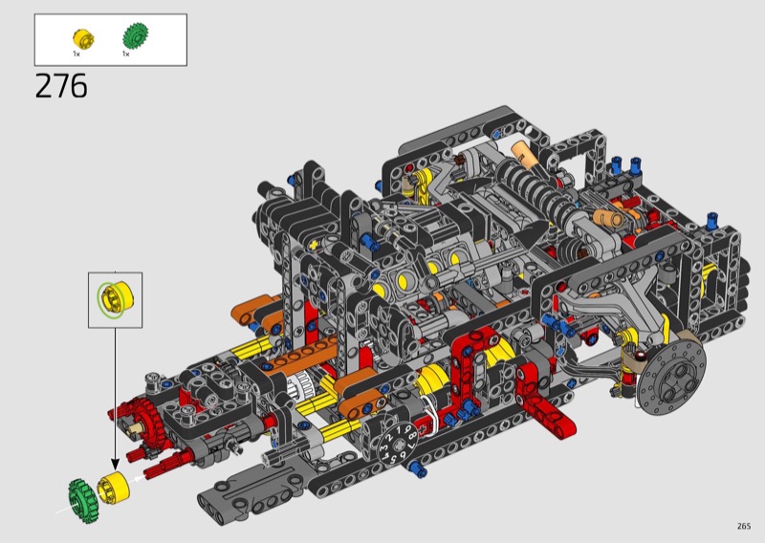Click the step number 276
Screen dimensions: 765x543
(61, 86)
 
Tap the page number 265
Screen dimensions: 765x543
(744, 526)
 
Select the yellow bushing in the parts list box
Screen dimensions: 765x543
(83, 38)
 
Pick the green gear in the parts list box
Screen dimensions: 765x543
(135, 35)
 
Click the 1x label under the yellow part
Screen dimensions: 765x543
(76, 54)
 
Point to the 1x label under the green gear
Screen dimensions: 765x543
(126, 54)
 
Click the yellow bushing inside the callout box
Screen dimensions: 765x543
(116, 299)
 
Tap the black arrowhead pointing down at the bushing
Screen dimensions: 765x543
(115, 464)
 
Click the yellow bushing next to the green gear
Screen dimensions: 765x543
(114, 487)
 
